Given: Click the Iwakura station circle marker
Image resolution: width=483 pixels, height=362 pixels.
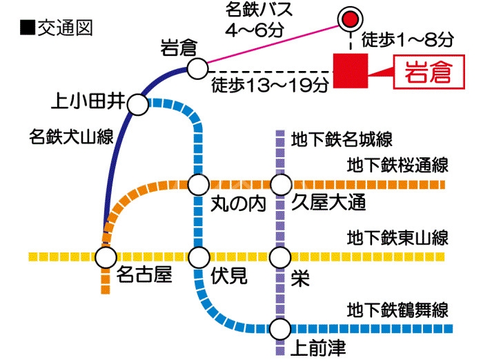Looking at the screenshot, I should click(x=197, y=69).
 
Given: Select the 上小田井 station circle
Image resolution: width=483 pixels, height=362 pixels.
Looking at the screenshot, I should click(x=137, y=105).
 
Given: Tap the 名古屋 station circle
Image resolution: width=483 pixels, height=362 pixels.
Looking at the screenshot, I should click(x=106, y=257).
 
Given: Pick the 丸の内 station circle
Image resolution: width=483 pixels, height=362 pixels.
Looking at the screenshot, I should click(x=199, y=185).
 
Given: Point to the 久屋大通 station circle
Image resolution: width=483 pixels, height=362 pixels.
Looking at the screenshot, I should click(x=280, y=185).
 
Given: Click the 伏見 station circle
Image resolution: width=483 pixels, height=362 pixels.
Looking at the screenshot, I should click(x=199, y=257).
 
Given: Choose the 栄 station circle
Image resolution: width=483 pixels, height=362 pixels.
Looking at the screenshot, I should click(x=280, y=257).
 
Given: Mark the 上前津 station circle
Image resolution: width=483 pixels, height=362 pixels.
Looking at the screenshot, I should click(x=280, y=328).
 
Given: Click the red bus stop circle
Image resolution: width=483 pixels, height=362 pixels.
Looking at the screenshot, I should click(x=351, y=19).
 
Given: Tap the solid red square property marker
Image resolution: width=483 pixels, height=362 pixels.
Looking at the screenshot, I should click(x=351, y=70).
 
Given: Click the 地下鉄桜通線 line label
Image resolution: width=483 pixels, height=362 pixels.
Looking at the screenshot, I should click(x=398, y=165).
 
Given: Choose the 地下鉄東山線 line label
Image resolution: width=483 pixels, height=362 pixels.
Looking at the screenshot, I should click(x=398, y=239).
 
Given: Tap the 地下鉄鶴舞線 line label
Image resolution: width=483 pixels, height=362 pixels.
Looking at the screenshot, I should click(x=398, y=308).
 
